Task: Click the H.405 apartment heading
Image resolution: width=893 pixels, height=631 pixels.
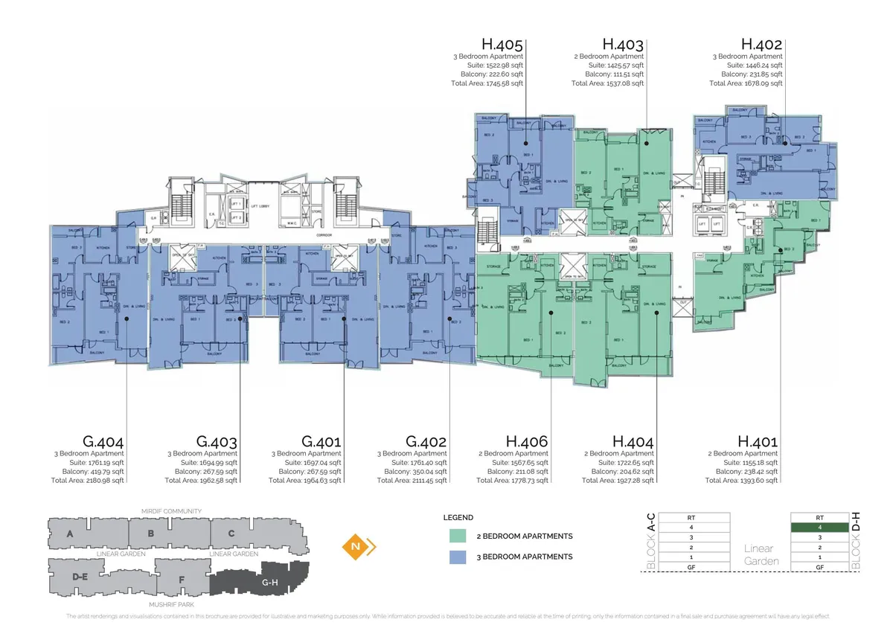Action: [x=502, y=45]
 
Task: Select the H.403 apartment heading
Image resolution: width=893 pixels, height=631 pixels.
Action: [x=623, y=45]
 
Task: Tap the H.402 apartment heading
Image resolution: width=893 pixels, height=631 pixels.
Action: [x=761, y=45]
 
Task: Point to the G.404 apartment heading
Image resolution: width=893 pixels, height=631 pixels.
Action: [x=103, y=441]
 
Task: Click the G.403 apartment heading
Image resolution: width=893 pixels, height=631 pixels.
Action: [x=217, y=441]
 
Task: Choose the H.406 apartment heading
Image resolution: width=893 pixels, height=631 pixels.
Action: [x=527, y=441]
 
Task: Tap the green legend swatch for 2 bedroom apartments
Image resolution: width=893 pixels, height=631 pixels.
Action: [x=458, y=536]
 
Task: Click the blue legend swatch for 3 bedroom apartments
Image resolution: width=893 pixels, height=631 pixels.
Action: [x=458, y=557]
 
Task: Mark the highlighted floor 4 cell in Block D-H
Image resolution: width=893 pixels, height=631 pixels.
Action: [x=819, y=527]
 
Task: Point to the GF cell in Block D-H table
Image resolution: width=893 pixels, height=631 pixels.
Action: [x=819, y=567]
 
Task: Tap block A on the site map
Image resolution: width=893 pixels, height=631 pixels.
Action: [x=70, y=534]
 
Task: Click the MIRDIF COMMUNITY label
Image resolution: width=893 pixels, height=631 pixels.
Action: [x=172, y=511]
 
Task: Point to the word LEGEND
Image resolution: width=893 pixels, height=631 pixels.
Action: [x=458, y=517]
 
